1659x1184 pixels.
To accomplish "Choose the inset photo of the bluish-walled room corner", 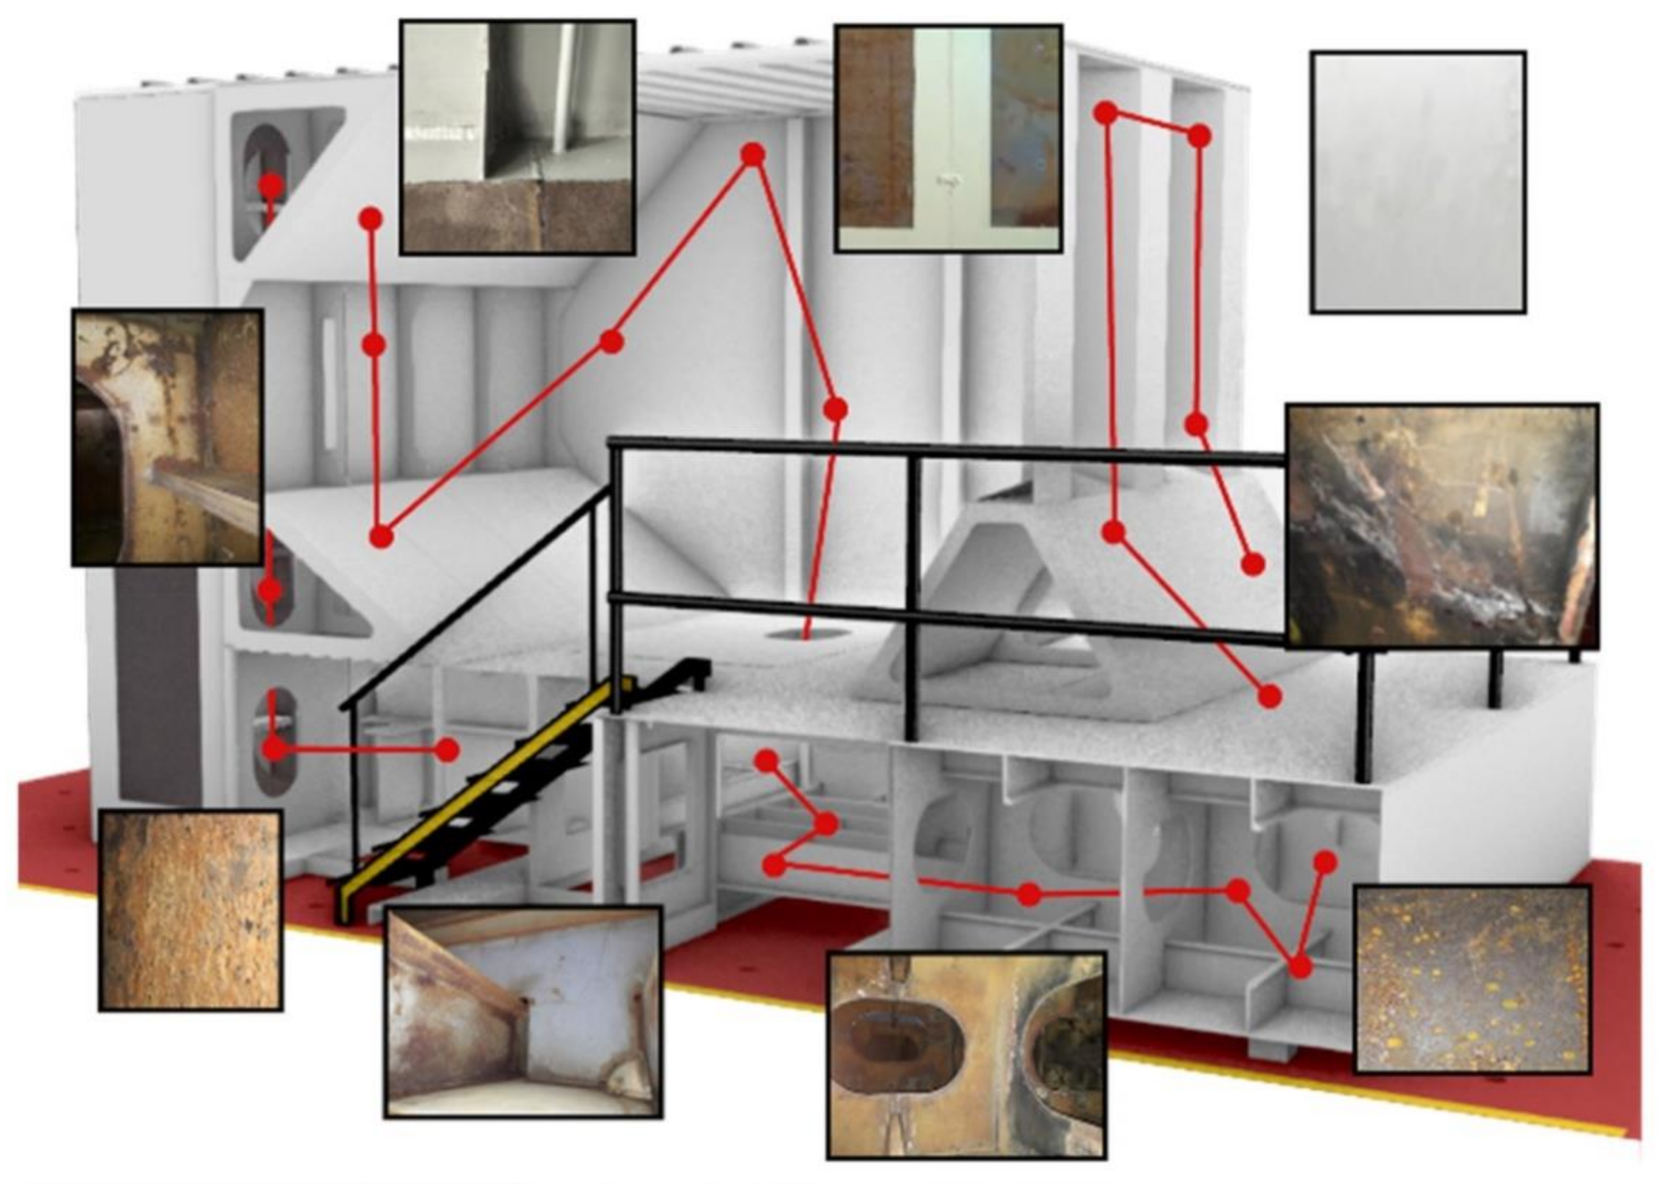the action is (523, 1013).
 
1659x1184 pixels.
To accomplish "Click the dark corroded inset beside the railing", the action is (1441, 526).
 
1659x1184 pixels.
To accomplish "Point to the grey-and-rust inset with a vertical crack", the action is (517, 137).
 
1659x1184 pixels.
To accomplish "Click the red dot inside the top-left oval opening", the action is (271, 186).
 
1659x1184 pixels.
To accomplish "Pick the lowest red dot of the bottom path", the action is (1300, 968).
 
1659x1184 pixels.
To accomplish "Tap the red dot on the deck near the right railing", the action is (1269, 696).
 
